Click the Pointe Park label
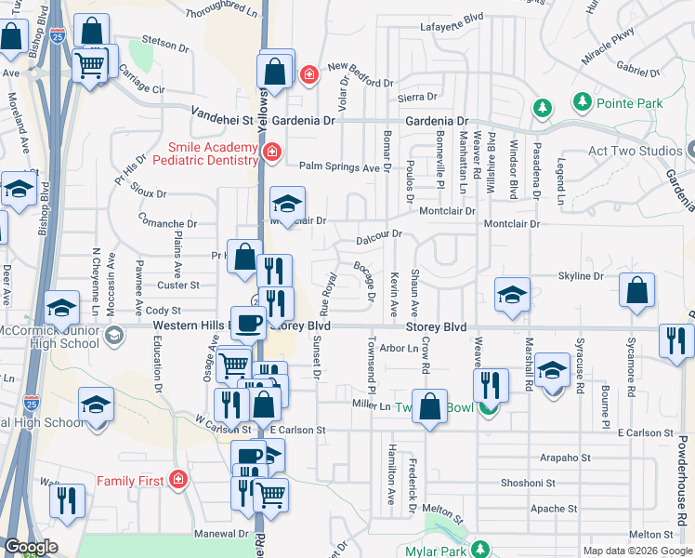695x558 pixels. (630, 103)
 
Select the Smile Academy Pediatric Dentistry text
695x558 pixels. (213, 154)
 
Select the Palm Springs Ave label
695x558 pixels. (339, 168)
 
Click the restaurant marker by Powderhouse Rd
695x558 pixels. (677, 340)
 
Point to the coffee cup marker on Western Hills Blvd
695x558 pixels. (247, 322)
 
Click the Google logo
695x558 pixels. (31, 547)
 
